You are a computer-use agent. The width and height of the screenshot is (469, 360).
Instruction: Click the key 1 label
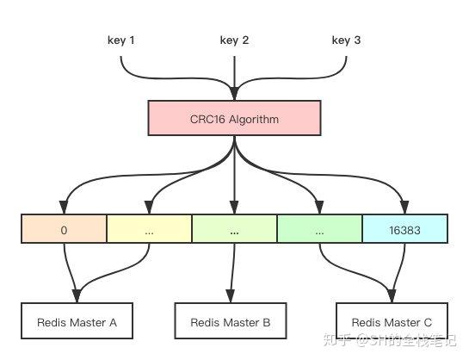(x=120, y=40)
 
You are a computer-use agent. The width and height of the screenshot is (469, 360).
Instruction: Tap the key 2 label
(x=234, y=40)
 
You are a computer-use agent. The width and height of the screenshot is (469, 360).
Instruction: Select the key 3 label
(x=347, y=40)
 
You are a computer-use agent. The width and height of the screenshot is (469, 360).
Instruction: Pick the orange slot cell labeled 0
(x=64, y=232)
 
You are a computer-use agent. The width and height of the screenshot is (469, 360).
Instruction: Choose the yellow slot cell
(x=149, y=232)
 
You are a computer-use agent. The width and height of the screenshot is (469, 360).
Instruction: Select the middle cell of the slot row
(x=234, y=232)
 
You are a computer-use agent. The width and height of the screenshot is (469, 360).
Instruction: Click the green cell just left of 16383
(x=319, y=232)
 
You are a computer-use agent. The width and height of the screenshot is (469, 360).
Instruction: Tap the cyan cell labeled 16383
(x=404, y=232)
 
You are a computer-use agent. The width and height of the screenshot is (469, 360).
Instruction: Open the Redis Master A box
(x=77, y=322)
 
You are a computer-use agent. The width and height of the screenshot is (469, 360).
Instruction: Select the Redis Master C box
(x=392, y=322)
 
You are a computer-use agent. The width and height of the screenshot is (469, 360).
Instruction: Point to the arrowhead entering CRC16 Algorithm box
(x=234, y=94)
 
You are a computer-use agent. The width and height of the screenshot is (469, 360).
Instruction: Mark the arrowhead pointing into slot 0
(x=64, y=208)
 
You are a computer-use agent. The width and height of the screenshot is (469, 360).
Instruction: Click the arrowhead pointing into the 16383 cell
(x=404, y=208)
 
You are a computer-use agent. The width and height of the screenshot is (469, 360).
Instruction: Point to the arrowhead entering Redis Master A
(x=77, y=298)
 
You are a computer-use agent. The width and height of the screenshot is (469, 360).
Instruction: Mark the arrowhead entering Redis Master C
(x=392, y=298)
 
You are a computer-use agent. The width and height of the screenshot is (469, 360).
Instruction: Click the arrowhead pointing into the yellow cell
(x=149, y=208)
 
